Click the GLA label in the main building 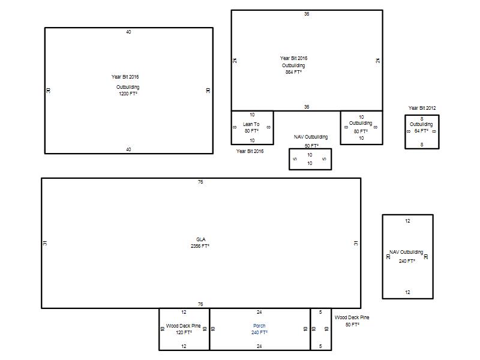(201, 239)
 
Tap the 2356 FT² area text (200, 246)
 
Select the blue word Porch (259, 326)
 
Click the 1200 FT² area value (128, 94)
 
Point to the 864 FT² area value (293, 72)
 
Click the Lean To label (251, 124)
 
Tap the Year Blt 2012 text (422, 108)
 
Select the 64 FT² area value (421, 131)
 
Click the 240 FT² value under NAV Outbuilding (407, 261)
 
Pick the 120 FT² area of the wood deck (184, 332)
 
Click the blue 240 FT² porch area (259, 332)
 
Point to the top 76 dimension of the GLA (200, 182)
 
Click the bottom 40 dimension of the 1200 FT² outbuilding (128, 149)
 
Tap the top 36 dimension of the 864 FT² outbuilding (307, 14)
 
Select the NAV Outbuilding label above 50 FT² (311, 137)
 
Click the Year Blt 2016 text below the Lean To (250, 151)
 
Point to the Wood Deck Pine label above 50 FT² (352, 317)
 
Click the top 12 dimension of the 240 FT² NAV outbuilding (407, 221)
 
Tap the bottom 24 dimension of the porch (259, 346)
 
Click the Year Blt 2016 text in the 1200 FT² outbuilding (125, 77)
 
